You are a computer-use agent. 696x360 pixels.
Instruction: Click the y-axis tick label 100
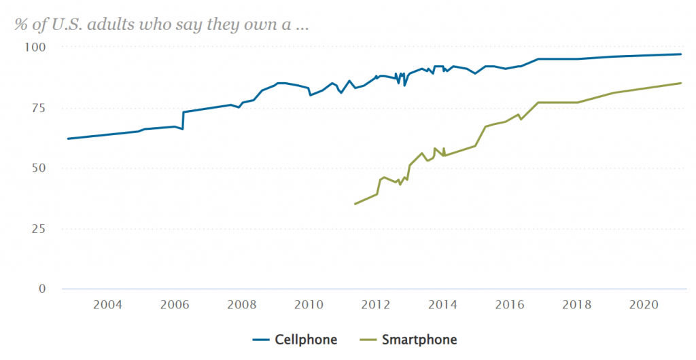tap(34, 47)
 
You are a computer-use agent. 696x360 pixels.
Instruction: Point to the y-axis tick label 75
tap(37, 107)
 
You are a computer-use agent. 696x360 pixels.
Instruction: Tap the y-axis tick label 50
tap(37, 168)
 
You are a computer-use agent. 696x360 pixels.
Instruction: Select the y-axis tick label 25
tap(37, 228)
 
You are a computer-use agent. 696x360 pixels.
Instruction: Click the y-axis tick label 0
tap(41, 289)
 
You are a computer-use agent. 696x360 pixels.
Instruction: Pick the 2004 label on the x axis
tap(107, 304)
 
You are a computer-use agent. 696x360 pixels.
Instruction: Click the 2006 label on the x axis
tap(175, 304)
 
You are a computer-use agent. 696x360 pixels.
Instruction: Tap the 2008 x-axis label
tap(242, 304)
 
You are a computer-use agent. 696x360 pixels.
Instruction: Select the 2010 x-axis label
tap(309, 304)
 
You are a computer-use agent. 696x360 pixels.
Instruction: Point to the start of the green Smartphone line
tap(355, 204)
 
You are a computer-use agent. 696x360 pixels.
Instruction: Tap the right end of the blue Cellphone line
tap(681, 54)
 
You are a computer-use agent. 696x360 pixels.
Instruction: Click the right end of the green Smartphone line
tap(681, 83)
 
